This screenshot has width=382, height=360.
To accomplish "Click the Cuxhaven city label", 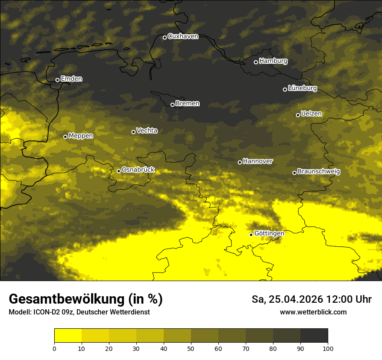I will point(183,36).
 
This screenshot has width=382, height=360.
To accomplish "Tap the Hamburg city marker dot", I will point(256,62).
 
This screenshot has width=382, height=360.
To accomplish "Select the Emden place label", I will point(71,79).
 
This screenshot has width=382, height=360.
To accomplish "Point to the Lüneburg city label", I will point(302,88).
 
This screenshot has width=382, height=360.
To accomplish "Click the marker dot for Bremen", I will point(172,105).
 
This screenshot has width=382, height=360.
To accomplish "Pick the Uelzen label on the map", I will point(311,114).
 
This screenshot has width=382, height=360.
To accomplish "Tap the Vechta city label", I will point(147,131).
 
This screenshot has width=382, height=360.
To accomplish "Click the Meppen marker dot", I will point(65,137).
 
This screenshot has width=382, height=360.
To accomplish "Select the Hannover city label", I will point(257,161).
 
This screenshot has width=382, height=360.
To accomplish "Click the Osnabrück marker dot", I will point(119,171).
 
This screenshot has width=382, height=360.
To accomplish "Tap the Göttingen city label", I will point(269,234).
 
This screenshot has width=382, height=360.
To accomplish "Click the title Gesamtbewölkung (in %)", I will point(86,299).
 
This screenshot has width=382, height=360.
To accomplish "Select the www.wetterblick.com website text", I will point(313,312).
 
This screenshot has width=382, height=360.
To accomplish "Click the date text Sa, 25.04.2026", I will point(286,299).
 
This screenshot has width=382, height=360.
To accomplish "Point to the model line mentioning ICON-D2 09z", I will point(79,312).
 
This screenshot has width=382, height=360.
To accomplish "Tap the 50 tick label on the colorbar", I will point(191,348).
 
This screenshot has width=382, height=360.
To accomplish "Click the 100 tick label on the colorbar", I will point(328,348).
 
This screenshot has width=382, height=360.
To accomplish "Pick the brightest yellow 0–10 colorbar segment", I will point(68,336).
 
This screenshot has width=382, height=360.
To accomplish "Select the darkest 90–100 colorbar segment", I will point(314,336).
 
